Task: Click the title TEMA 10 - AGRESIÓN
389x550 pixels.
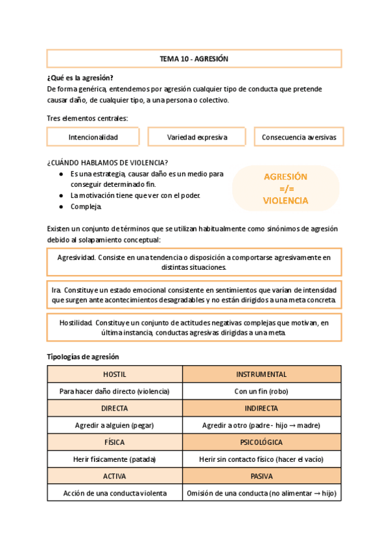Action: pyautogui.click(x=194, y=59)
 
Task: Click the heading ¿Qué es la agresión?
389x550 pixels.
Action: pyautogui.click(x=80, y=78)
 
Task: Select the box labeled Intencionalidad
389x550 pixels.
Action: pyautogui.click(x=93, y=137)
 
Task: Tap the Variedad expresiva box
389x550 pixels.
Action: pyautogui.click(x=196, y=137)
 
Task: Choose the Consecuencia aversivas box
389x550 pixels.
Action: pyautogui.click(x=298, y=137)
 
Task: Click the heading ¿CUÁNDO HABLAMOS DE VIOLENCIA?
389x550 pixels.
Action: pyautogui.click(x=108, y=162)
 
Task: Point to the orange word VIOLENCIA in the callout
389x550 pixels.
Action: pyautogui.click(x=285, y=201)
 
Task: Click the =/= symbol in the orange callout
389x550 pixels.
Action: pyautogui.click(x=285, y=189)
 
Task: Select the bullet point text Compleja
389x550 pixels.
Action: pyautogui.click(x=86, y=207)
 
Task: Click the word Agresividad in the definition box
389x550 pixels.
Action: pyautogui.click(x=77, y=257)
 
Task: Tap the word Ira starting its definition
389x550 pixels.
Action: pyautogui.click(x=56, y=291)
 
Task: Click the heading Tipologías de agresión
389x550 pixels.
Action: pyautogui.click(x=83, y=357)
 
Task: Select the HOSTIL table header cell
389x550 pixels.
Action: pyautogui.click(x=115, y=374)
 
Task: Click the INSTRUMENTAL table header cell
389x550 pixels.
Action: pyautogui.click(x=261, y=374)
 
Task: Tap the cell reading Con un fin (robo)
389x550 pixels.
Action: pyautogui.click(x=261, y=391)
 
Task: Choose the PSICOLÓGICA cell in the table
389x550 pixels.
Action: pyautogui.click(x=261, y=442)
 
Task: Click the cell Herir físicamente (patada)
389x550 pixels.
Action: pyautogui.click(x=115, y=459)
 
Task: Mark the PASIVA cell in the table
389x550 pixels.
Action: pyautogui.click(x=261, y=476)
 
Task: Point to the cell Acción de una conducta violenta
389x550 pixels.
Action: pyautogui.click(x=115, y=493)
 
